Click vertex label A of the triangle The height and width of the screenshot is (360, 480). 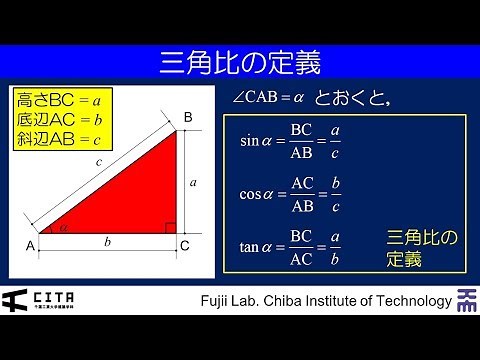coord(30,244)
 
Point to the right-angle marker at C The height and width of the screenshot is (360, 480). coord(170,228)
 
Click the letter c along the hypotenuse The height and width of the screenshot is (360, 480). coord(97,161)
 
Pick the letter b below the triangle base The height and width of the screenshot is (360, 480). coord(108,242)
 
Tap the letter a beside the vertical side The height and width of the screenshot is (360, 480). coord(193,182)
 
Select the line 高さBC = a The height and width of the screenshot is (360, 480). coord(59,100)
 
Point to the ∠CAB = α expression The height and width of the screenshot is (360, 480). coord(267,98)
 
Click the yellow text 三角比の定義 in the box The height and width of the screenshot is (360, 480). coord(421,248)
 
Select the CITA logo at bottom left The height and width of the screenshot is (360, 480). coord(38,299)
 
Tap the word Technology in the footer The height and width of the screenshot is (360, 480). coord(406,301)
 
